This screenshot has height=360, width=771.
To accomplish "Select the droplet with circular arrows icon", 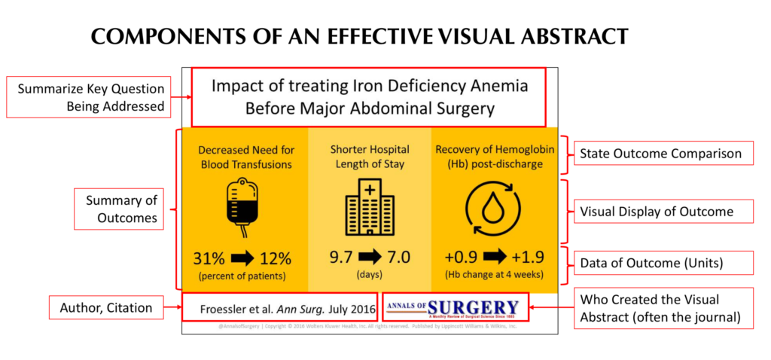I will coord(492,206).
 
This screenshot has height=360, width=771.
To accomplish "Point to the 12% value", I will coord(276,258).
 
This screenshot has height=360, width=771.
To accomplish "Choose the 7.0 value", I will coord(398,258).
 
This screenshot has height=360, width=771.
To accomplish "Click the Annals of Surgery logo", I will coord(453,308).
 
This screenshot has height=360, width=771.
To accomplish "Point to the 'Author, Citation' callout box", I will coord(111,308).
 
